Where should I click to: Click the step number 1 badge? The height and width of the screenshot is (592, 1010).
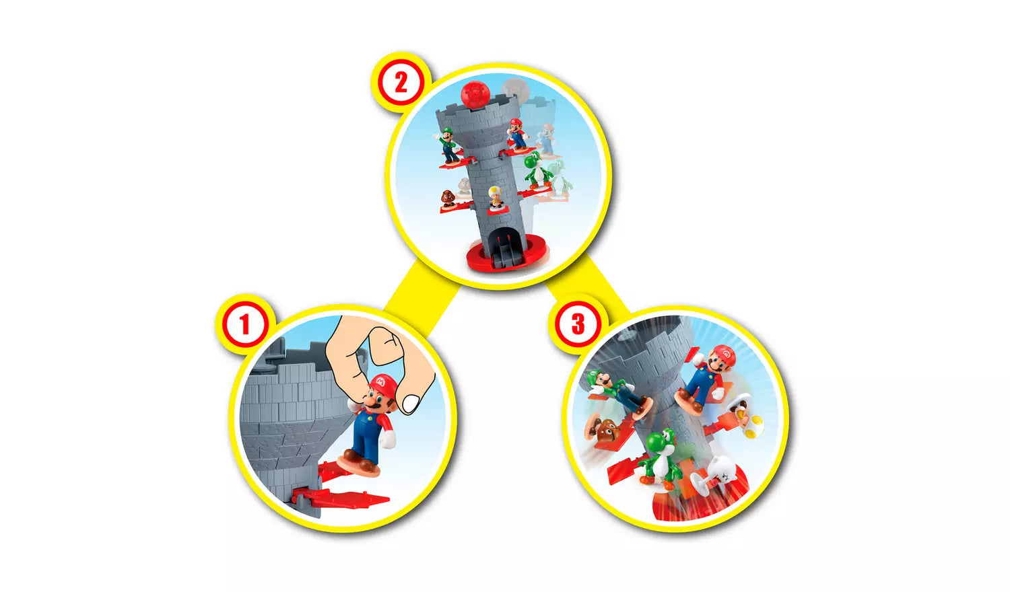(244, 324)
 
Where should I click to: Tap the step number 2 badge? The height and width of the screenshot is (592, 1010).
(401, 83)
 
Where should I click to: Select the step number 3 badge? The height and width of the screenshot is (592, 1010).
(578, 324)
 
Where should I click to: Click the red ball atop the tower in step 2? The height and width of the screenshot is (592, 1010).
(475, 94)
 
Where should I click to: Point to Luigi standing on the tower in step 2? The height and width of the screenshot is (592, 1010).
(449, 143)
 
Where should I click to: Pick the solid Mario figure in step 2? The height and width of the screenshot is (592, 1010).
(516, 133)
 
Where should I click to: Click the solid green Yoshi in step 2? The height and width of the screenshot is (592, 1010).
(535, 170)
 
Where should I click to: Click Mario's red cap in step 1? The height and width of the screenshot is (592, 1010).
(382, 383)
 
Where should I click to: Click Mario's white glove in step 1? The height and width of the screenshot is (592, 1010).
(388, 439)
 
